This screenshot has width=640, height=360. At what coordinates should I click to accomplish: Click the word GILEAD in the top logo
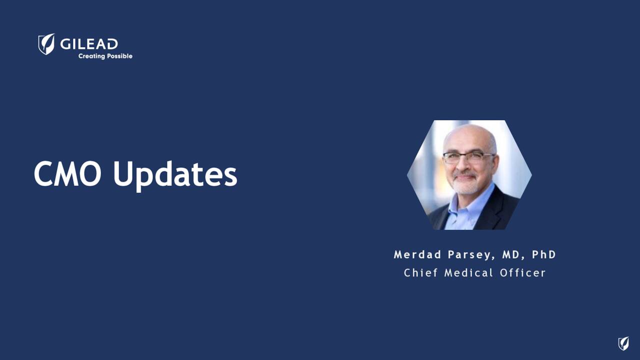(89, 44)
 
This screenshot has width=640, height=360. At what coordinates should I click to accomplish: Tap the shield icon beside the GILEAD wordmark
(46, 44)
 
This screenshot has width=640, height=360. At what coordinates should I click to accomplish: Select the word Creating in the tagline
(91, 56)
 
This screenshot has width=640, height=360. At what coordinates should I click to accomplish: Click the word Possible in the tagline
(119, 56)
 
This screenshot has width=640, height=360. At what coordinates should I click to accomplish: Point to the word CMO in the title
(67, 174)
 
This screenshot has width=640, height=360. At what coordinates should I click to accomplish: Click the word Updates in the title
(175, 175)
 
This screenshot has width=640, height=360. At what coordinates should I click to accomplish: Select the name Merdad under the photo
(417, 254)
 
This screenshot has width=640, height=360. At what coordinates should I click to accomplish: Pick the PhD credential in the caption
(544, 254)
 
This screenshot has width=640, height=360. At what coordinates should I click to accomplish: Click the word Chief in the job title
(420, 272)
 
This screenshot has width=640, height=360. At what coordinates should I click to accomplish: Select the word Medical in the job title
(468, 272)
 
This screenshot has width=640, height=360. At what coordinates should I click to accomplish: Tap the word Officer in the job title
(522, 272)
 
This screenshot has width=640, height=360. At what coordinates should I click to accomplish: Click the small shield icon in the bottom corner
(623, 343)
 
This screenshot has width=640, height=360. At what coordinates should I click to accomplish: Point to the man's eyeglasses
(468, 157)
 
